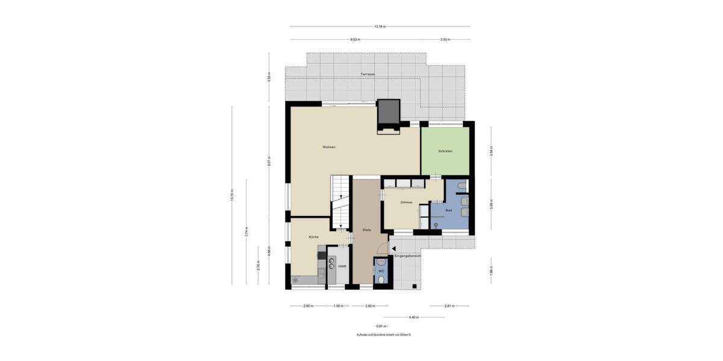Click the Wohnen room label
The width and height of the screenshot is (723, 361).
click(328, 147)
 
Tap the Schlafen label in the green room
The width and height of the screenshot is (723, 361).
click(445, 151)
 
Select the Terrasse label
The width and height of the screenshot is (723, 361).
click(368, 74)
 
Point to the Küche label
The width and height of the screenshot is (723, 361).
click(313, 236)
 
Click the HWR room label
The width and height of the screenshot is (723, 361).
click(342, 266)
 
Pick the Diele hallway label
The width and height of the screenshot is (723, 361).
click(366, 230)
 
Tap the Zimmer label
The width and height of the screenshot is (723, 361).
click(406, 202)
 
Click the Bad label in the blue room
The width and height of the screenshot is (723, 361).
click(448, 210)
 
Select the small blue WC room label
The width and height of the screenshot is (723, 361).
click(381, 271)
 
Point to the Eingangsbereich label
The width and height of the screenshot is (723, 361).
click(407, 256)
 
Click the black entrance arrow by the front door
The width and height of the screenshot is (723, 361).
click(393, 248)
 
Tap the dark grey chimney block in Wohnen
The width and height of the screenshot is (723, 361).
click(389, 112)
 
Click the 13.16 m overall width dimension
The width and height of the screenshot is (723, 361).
click(380, 26)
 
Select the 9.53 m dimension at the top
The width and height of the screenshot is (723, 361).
click(355, 39)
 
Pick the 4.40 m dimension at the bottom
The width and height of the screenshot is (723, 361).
click(413, 317)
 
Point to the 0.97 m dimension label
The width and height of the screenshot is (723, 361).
click(380, 326)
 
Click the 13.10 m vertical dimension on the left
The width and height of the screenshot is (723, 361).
click(231, 196)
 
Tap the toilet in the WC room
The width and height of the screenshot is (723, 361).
click(381, 263)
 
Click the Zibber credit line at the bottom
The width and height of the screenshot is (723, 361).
click(383, 335)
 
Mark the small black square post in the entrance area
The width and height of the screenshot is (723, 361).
click(415, 285)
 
